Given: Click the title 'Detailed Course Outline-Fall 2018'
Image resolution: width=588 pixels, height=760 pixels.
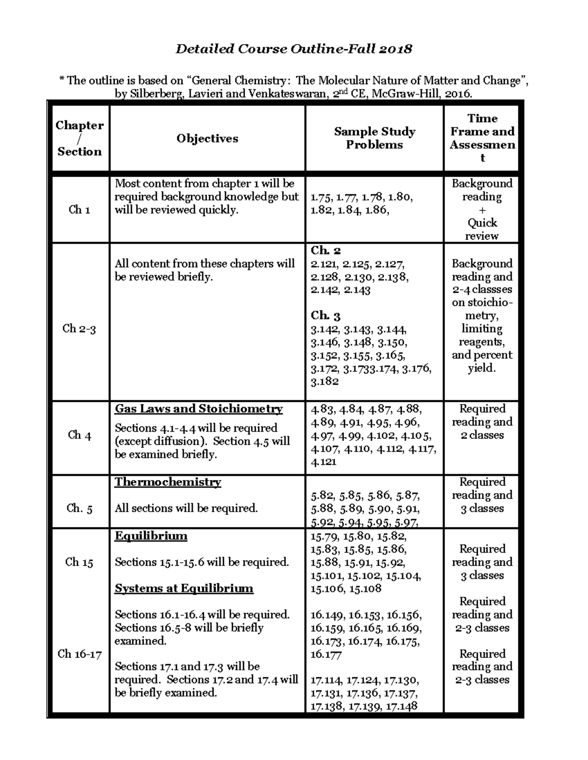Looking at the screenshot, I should [x=294, y=49].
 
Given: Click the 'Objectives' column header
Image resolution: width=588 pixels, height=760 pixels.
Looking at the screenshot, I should [x=207, y=138].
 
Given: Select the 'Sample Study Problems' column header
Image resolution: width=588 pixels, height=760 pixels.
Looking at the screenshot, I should [x=374, y=138].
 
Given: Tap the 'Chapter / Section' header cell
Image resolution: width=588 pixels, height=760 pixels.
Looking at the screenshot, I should [x=79, y=138].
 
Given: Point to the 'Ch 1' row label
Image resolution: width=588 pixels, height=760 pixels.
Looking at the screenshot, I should [x=79, y=210].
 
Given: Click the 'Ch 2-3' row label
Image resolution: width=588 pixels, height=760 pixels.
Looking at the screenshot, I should [x=79, y=328].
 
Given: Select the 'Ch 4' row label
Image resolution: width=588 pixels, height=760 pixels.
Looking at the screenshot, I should [x=79, y=435].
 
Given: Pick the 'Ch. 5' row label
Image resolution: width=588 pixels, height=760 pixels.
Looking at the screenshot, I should [x=79, y=508].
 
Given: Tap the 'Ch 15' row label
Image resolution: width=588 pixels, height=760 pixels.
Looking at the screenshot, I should [x=79, y=562].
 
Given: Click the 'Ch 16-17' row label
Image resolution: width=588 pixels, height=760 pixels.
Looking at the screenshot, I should [x=79, y=654].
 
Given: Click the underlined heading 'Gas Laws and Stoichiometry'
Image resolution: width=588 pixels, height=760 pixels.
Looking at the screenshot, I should [x=198, y=409].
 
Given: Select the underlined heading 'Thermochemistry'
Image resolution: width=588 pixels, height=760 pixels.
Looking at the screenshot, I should [x=168, y=482].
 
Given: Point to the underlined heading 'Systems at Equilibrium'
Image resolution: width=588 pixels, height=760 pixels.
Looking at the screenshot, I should [x=184, y=588].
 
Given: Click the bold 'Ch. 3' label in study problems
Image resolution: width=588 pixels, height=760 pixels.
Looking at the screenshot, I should [x=325, y=316].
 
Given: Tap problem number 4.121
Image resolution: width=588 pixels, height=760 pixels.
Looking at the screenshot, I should [x=323, y=461].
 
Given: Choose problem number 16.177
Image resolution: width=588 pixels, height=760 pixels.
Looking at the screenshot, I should [x=326, y=654].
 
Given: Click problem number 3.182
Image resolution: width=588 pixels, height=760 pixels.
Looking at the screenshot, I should [x=324, y=381].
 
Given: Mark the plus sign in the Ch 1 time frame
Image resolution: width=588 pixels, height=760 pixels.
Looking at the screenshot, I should [x=482, y=210].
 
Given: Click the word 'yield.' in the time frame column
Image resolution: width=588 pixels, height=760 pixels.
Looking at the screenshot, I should [x=482, y=368].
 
